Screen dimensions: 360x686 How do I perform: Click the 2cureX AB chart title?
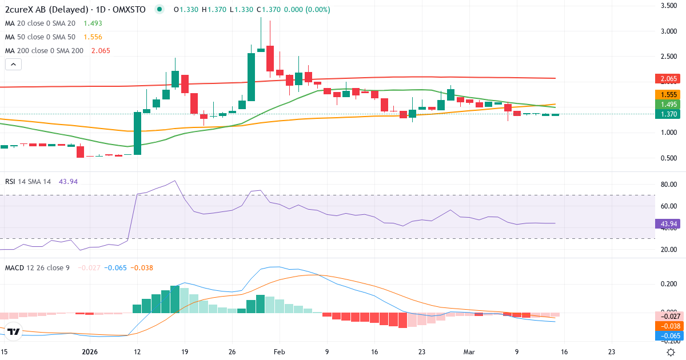(74, 10)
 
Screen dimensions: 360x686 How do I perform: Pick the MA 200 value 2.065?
(101, 50)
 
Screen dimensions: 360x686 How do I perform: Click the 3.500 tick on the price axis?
(669, 6)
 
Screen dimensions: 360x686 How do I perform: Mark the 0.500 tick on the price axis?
(669, 158)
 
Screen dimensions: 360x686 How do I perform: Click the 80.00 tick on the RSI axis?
(669, 185)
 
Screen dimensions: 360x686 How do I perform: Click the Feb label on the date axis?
(279, 352)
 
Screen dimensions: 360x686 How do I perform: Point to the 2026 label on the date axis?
(90, 352)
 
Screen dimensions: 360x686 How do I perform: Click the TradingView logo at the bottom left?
(14, 331)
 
